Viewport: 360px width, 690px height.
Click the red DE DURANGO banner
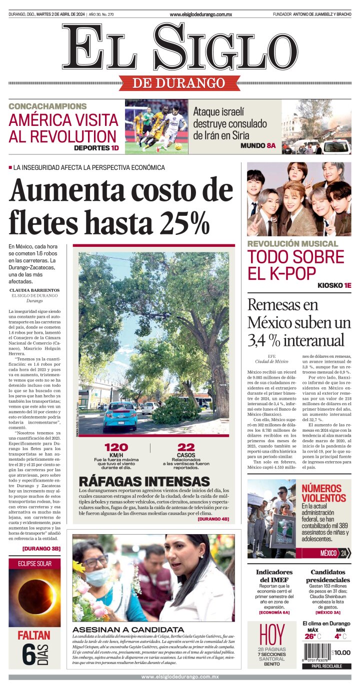[x=179, y=83]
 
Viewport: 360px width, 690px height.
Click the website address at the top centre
[x=200, y=14]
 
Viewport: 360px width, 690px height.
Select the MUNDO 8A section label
[x=258, y=145]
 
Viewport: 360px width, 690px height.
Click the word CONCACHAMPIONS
[x=47, y=106]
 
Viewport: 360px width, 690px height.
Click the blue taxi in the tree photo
[x=119, y=416]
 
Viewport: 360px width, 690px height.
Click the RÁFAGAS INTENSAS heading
[x=144, y=482]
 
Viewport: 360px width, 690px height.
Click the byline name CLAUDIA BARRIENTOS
[x=34, y=290]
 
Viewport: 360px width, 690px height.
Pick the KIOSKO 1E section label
[x=334, y=285]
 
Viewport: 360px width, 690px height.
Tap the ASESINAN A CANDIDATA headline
[x=128, y=629]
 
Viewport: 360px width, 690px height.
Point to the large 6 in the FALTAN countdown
[x=28, y=656]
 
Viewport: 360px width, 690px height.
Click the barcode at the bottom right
[x=316, y=653]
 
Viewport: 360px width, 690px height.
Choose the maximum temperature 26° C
[x=312, y=636]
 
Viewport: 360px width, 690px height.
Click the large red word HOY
[x=271, y=635]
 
